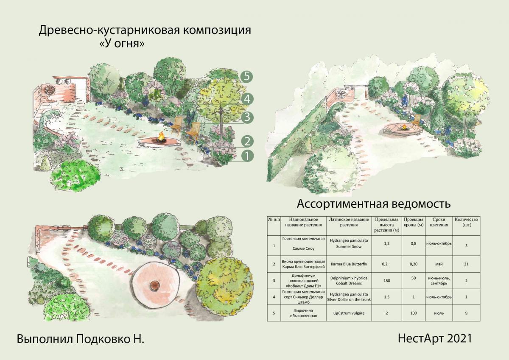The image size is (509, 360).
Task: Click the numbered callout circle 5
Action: [x=247, y=77]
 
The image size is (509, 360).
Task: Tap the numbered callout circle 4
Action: [x=247, y=99]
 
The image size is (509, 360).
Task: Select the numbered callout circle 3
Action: [x=247, y=117]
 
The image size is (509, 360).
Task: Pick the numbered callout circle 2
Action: [x=247, y=141]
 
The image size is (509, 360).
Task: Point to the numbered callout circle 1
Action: [x=247, y=156]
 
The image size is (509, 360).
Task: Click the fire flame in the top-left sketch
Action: [x=162, y=136]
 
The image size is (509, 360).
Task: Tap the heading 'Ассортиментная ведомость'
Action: [x=373, y=204]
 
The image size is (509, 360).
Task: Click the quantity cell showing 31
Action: [x=466, y=264]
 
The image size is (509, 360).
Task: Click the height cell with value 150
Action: [x=386, y=281]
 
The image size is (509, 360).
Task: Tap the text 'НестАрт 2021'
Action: [x=435, y=338]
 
